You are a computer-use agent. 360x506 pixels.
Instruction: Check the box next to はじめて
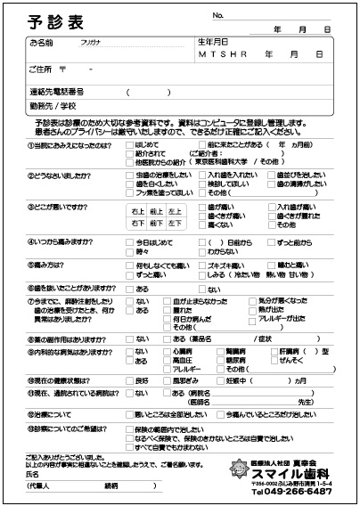tap(130, 143)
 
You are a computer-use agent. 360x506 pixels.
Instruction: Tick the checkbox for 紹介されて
tap(130, 153)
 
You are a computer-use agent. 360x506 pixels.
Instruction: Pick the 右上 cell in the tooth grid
tap(136, 211)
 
